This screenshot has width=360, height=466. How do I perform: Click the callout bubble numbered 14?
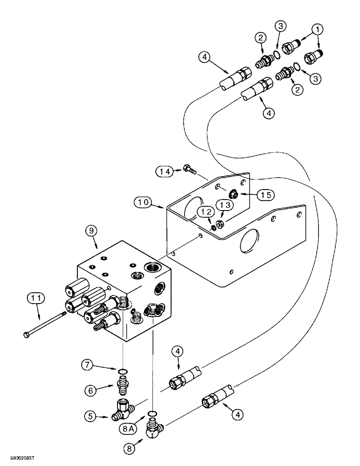(x=164, y=172)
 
